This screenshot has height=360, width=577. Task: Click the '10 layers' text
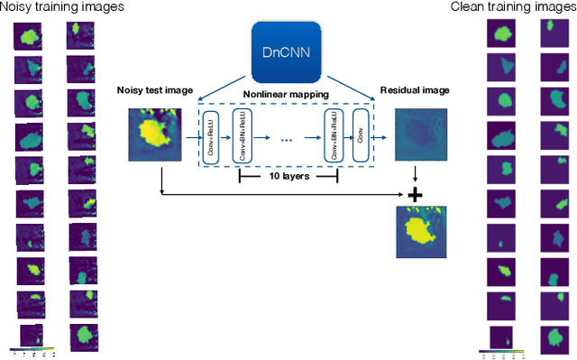pyautogui.click(x=288, y=177)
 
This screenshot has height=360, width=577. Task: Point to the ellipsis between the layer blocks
pyautogui.click(x=288, y=139)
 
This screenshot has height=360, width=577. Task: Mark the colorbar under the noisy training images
pyautogui.click(x=32, y=348)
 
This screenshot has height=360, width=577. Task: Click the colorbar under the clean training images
pyautogui.click(x=501, y=353)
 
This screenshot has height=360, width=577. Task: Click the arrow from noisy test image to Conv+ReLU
pyautogui.click(x=192, y=138)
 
